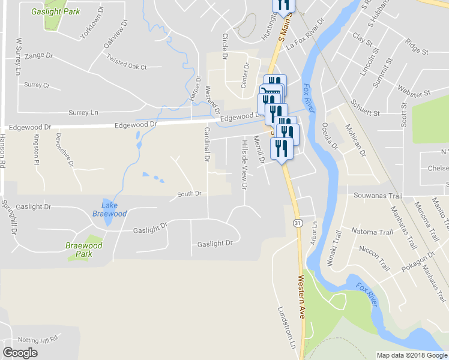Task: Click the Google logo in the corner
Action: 20,352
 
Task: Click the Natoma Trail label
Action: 372,232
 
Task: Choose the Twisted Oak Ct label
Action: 126,62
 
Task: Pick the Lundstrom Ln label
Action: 286,328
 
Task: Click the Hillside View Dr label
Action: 244,164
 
